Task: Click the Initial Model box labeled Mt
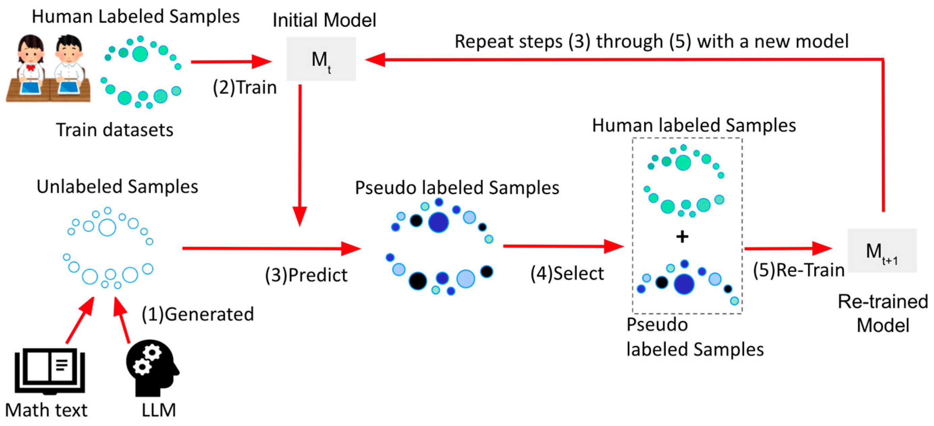coord(321,59)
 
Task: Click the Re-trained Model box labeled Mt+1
coord(881,250)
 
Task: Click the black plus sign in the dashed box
coord(682,237)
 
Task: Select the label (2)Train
coord(245,88)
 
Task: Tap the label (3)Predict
coord(306,275)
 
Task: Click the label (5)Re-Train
coord(798,270)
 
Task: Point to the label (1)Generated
coord(198,314)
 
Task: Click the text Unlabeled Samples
coord(117,187)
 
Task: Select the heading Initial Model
coord(324,20)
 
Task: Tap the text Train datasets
coord(115,130)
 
